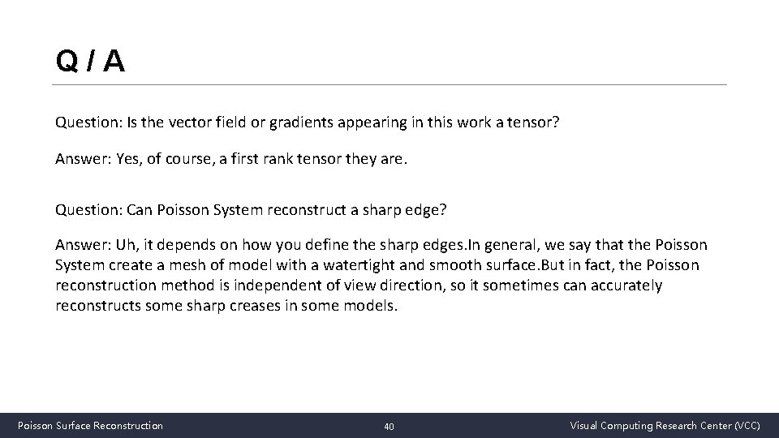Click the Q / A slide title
pyautogui.click(x=90, y=61)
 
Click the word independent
pyautogui.click(x=260, y=286)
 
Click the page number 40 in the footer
pyautogui.click(x=389, y=426)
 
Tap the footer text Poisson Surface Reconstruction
pyautogui.click(x=90, y=425)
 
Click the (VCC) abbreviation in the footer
pyautogui.click(x=747, y=425)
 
